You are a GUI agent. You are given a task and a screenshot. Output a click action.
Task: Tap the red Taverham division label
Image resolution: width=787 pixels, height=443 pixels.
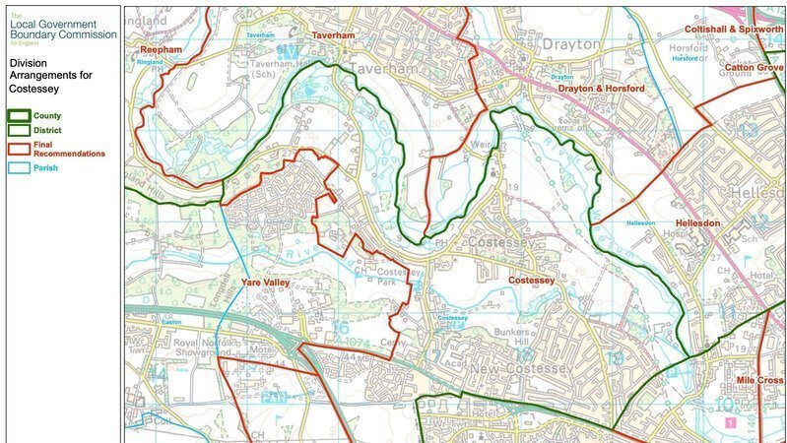pyautogui.click(x=332, y=34)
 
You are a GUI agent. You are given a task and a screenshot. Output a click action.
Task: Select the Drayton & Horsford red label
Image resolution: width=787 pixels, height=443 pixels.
pyautogui.click(x=601, y=89)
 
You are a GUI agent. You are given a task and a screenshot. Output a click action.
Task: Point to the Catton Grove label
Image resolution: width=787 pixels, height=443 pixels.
pyautogui.click(x=754, y=68)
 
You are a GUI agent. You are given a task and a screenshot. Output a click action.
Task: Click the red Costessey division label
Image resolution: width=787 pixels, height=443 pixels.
pyautogui.click(x=531, y=281)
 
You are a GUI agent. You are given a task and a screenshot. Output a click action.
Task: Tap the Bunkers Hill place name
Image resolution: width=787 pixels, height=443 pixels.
pyautogui.click(x=520, y=339)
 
